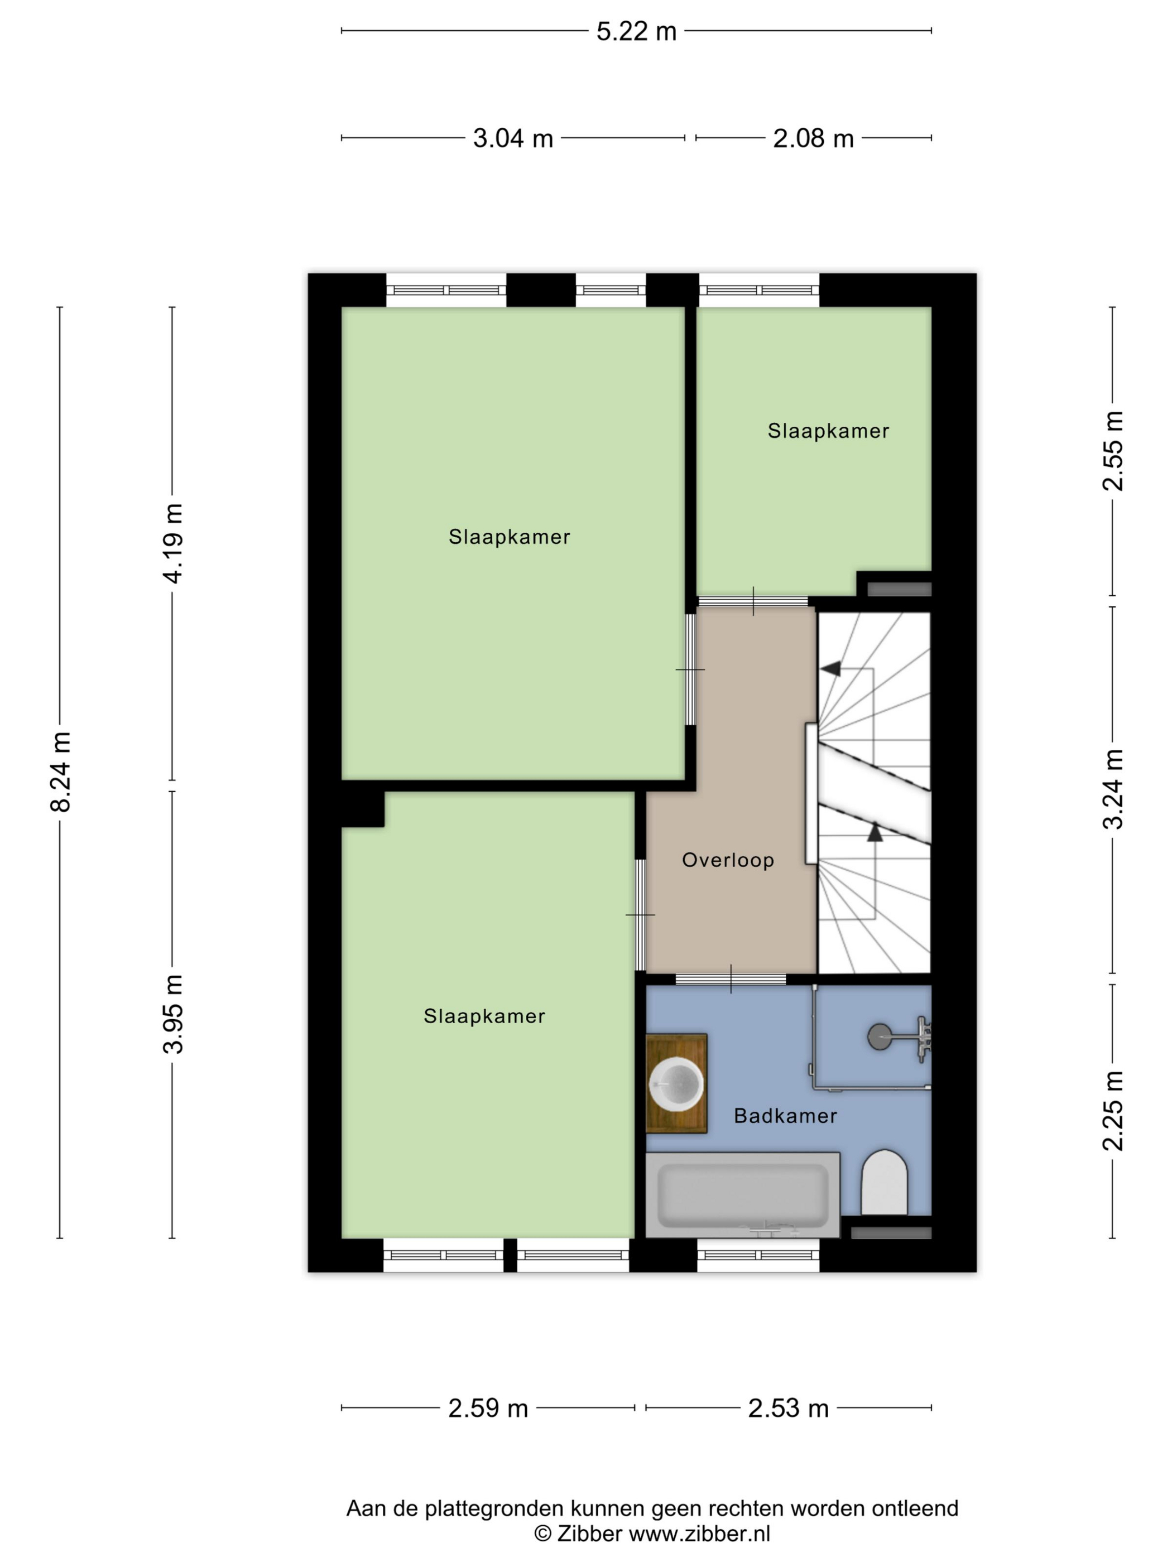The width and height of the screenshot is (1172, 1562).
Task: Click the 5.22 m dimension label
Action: tap(636, 32)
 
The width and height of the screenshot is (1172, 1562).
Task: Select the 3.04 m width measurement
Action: tap(512, 138)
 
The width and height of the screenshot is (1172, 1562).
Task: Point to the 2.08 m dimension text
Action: tap(813, 138)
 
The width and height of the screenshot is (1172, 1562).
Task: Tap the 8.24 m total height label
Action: tap(61, 772)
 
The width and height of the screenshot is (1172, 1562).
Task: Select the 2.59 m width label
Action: tap(488, 1408)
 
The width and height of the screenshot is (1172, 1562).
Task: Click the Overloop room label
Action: tap(728, 860)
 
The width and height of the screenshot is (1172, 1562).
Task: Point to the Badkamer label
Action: tap(785, 1116)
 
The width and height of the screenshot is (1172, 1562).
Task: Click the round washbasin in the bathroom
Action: tap(676, 1083)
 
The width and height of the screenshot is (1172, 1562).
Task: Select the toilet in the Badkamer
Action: tap(884, 1183)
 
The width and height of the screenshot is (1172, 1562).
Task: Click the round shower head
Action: tap(879, 1036)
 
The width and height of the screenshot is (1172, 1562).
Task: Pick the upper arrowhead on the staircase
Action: tap(831, 667)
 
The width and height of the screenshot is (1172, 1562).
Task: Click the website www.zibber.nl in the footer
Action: tap(699, 1534)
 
